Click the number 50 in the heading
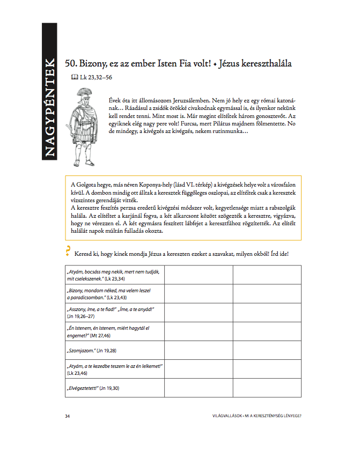(70, 63)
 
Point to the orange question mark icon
(68, 250)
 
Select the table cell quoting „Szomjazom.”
(114, 350)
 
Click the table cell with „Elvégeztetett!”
(114, 387)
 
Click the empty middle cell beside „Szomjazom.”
(199, 350)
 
